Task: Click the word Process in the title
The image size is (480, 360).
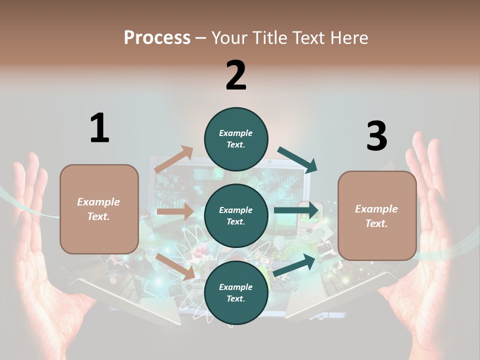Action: [x=157, y=37]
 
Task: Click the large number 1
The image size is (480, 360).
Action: [x=99, y=128]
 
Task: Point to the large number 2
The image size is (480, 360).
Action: [x=236, y=75]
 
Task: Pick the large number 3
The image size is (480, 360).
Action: [x=376, y=136]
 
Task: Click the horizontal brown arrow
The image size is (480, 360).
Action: [x=175, y=211]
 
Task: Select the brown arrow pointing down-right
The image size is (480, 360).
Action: [x=175, y=266]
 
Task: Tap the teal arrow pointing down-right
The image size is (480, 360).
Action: [x=297, y=159]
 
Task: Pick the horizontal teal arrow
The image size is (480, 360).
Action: [x=296, y=210]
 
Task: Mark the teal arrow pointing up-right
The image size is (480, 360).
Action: [x=295, y=264]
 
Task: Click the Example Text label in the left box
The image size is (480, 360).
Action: [x=98, y=209]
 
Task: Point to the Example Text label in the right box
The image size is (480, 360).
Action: [x=376, y=216]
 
